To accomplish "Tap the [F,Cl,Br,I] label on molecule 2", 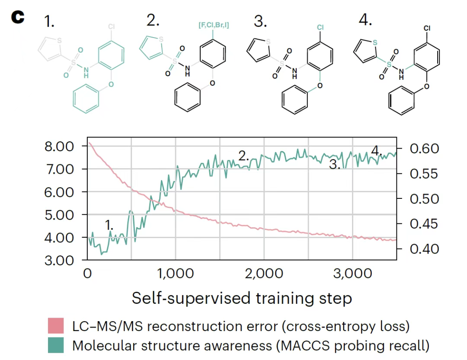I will point(214,25).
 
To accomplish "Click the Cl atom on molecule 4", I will point(427,28).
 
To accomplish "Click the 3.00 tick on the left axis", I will point(59,260).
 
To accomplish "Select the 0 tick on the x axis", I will point(88,274).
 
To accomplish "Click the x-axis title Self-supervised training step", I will point(242,298).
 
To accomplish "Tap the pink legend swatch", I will point(56,326).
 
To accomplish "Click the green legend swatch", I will point(56,346).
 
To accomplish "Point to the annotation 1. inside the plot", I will point(109,224).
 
